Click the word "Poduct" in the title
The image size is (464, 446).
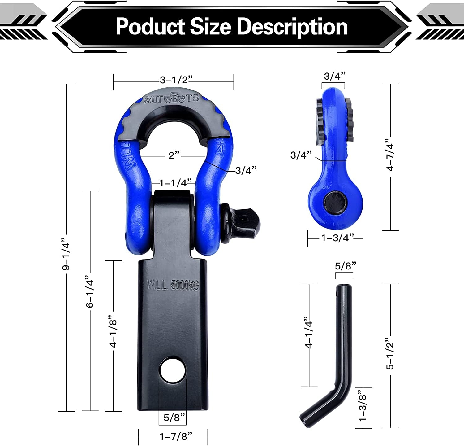[150, 27]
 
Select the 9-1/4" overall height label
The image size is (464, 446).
[67, 254]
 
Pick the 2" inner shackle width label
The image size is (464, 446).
[174, 155]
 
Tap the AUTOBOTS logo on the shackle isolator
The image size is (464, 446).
[171, 98]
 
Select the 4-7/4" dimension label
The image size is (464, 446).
[390, 157]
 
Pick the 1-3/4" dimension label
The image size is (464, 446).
[337, 238]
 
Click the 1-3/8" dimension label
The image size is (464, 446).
[363, 408]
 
